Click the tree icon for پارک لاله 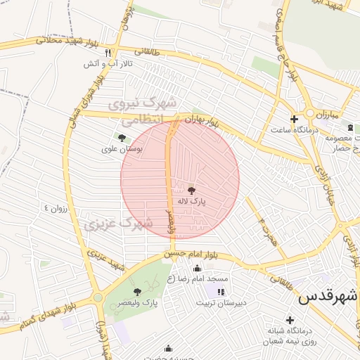tap(191, 188)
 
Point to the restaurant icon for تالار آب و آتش tap(108, 53)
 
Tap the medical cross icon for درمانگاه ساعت tap(294, 119)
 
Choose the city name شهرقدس tap(328, 296)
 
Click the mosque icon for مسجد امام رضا tap(196, 268)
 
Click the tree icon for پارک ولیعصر tap(137, 291)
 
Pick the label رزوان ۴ tap(58, 208)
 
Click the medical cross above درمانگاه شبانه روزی tap(289, 320)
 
